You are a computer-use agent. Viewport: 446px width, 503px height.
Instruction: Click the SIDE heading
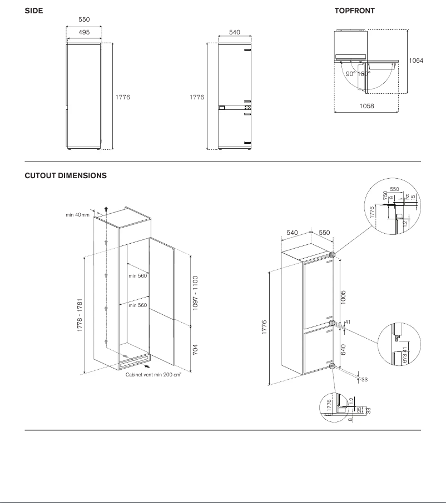(34, 11)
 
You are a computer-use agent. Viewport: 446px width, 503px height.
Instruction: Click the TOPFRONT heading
(354, 11)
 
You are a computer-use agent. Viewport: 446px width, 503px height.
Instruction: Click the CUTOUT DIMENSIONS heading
(66, 175)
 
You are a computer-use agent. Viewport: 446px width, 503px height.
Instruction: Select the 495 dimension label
(83, 32)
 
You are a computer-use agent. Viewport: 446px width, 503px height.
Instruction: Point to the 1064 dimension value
(416, 61)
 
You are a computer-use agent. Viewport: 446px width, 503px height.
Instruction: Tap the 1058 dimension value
(367, 105)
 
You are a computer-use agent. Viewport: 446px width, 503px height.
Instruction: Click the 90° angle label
(350, 74)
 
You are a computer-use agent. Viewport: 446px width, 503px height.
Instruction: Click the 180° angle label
(364, 74)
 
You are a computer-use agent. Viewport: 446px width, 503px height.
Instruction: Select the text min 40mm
(77, 214)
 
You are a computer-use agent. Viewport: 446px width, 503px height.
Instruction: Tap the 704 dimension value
(195, 350)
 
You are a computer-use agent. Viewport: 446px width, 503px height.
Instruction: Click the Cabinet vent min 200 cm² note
(154, 374)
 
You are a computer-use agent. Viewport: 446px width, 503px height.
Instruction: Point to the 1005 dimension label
(343, 296)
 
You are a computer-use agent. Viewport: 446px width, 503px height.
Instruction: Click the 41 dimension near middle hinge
(348, 321)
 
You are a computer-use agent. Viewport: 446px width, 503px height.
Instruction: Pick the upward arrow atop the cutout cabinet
(106, 209)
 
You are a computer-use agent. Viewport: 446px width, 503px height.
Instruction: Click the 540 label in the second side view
(235, 32)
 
